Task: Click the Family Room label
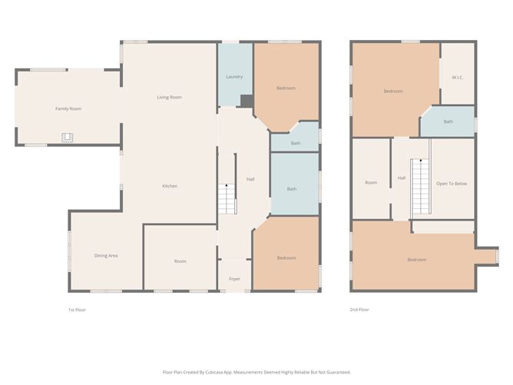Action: (x=68, y=109)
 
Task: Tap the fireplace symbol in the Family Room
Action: (x=68, y=138)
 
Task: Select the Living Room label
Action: (x=169, y=97)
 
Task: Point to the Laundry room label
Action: (x=234, y=77)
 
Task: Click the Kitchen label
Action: (x=170, y=186)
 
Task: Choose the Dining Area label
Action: (x=106, y=255)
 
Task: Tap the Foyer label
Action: (x=234, y=279)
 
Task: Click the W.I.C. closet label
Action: (x=458, y=77)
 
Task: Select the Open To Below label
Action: (x=452, y=184)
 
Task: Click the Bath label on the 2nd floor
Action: (x=448, y=121)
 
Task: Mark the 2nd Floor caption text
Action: (x=359, y=310)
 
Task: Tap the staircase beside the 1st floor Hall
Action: (x=226, y=200)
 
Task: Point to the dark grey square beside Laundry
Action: (x=247, y=101)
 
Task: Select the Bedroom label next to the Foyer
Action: (x=286, y=257)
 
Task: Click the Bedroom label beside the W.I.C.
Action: (x=393, y=91)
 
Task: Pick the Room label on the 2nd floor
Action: (x=371, y=183)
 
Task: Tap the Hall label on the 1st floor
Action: (x=250, y=179)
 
